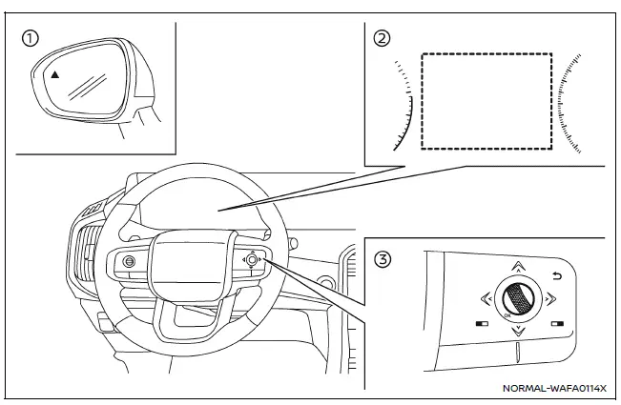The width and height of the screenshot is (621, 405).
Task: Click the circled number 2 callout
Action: pyautogui.click(x=383, y=39)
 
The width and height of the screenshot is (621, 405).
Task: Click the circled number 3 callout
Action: pyautogui.click(x=383, y=255)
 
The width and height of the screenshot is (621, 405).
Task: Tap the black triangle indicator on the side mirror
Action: pyautogui.click(x=55, y=73)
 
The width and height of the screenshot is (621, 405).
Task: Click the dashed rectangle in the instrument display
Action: pyautogui.click(x=486, y=100)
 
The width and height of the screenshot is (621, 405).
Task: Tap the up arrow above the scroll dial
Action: pyautogui.click(x=517, y=268)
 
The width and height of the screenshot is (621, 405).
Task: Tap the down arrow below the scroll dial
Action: pyautogui.click(x=517, y=332)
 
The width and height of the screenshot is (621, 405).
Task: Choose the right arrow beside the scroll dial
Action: pyautogui.click(x=549, y=297)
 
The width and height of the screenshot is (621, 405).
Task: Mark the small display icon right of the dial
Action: pyautogui.click(x=556, y=323)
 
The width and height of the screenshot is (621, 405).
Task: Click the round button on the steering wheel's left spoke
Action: pyautogui.click(x=129, y=261)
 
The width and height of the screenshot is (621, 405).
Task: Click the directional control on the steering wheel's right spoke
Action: pyautogui.click(x=252, y=259)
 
